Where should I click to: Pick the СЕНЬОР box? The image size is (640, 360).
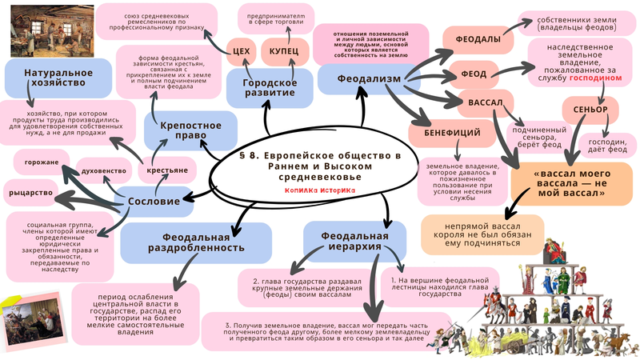point(591,109)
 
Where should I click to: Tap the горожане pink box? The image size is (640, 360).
point(39,162)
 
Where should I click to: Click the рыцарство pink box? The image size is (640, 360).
point(30,193)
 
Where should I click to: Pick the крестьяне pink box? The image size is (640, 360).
point(167,171)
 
